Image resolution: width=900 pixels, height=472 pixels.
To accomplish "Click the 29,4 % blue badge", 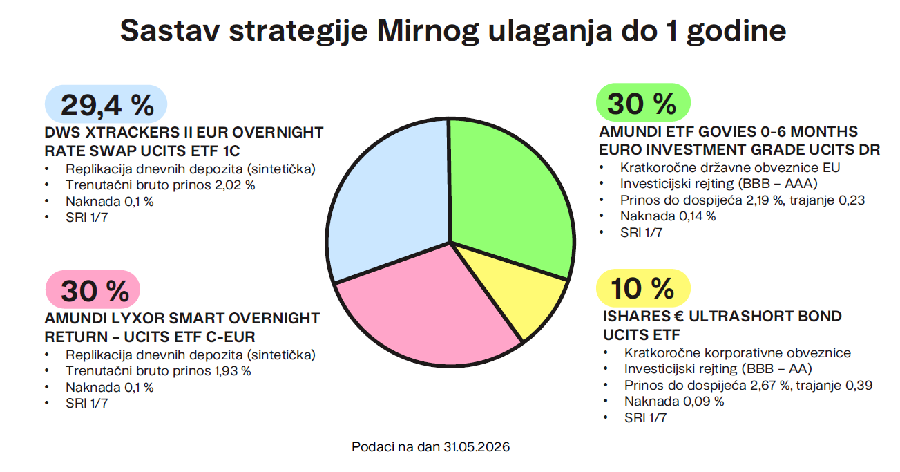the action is (106, 104).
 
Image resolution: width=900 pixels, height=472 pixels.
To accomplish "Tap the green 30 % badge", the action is (643, 103).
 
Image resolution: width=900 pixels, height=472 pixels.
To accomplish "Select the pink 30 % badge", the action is (93, 290).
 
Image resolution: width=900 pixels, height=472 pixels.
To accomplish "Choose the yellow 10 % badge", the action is (643, 288).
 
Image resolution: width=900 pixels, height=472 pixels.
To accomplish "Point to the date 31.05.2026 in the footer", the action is (477, 446).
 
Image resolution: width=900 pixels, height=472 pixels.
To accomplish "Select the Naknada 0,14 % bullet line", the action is (668, 216).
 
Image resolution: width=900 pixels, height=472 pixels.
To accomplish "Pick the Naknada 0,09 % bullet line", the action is (674, 402).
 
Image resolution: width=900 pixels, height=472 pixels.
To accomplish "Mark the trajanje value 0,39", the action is (859, 385).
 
